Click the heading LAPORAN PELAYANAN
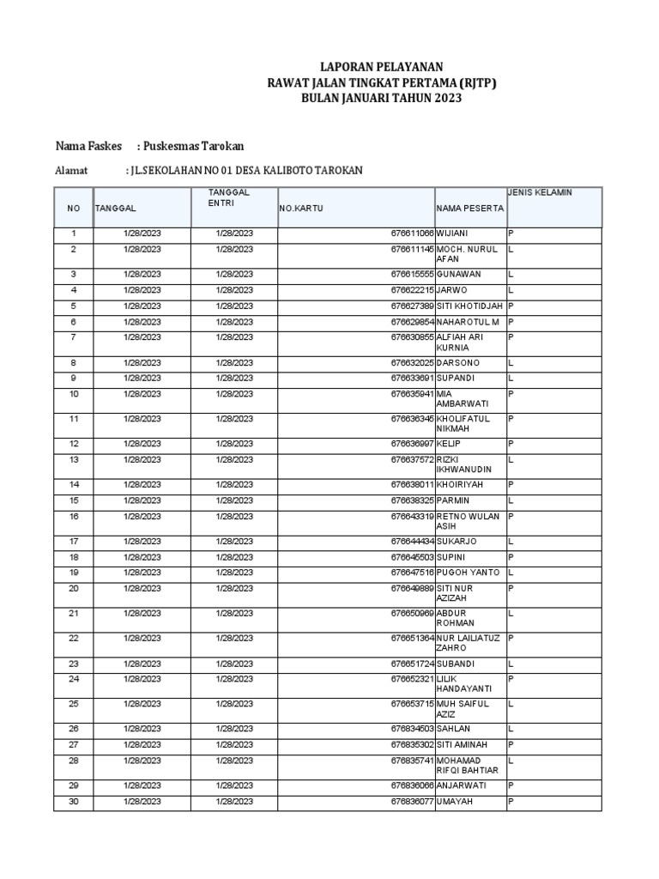pos(382,66)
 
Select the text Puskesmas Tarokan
pos(199,145)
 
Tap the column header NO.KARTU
pos(299,209)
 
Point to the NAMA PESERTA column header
pos(469,209)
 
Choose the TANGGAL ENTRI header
pos(229,197)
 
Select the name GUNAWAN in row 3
pos(459,274)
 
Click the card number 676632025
pos(413,362)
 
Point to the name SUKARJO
pos(456,541)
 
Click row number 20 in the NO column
pos(74,588)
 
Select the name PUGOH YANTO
pos(469,573)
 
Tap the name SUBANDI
pos(456,664)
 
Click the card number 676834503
pos(413,728)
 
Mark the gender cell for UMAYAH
pos(511,801)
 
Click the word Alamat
pos(72,171)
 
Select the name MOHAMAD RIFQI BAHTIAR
pos(468,765)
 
